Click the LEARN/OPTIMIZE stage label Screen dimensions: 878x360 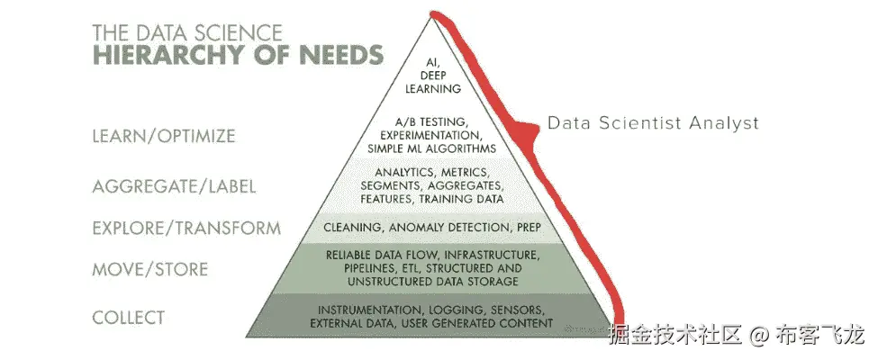point(164,137)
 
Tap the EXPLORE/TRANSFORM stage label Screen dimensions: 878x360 point(186,229)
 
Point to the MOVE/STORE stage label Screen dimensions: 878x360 point(149,269)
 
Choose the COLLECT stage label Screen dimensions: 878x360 point(129,318)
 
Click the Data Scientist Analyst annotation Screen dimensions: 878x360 point(654,123)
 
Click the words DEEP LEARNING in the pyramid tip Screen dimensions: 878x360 point(433,82)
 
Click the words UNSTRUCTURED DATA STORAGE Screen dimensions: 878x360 point(432,282)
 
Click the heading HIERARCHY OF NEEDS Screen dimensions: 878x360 point(237,53)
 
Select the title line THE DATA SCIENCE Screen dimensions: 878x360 point(187,32)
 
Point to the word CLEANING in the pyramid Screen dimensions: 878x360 point(349,227)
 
